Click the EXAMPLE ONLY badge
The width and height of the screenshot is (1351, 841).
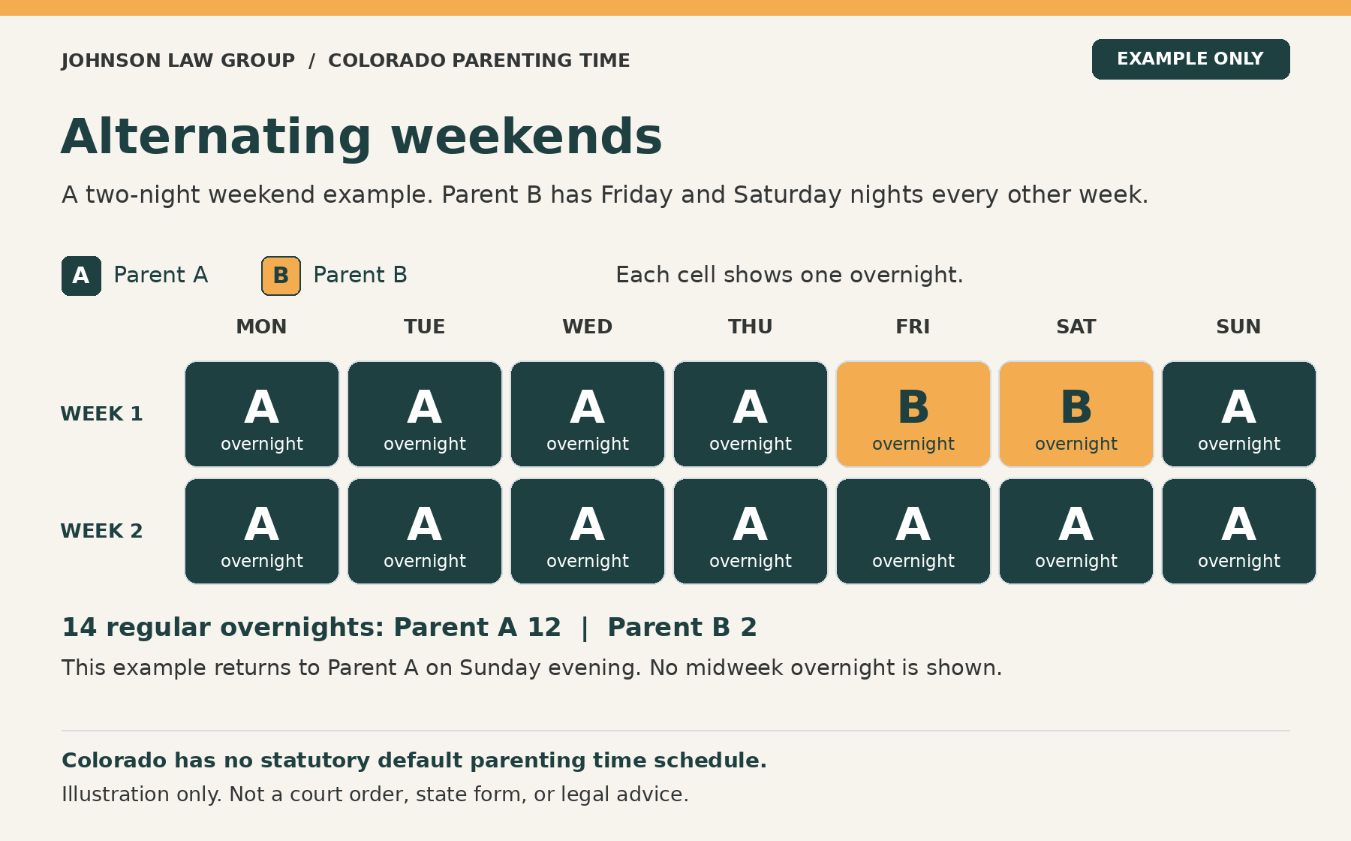click(1190, 59)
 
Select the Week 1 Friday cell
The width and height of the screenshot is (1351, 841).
click(913, 414)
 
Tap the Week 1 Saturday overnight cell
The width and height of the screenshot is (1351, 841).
click(1076, 414)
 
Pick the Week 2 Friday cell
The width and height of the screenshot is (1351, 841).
click(913, 531)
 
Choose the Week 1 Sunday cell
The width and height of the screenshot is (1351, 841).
click(1239, 414)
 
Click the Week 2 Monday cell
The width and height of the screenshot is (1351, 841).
click(262, 531)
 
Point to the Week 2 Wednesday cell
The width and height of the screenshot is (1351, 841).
click(588, 531)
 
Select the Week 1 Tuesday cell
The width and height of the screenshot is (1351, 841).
click(425, 414)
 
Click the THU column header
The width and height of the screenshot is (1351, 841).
click(751, 327)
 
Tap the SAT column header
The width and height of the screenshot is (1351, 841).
click(1076, 327)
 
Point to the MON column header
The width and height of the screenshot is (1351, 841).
click(262, 327)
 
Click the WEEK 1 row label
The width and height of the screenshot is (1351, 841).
click(101, 414)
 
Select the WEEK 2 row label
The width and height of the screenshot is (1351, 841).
click(101, 531)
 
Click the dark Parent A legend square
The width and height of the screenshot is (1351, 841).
click(81, 276)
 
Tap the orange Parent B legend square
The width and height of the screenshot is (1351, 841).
click(281, 276)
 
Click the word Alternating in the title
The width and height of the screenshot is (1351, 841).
click(216, 137)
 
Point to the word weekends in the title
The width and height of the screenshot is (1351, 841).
click(527, 137)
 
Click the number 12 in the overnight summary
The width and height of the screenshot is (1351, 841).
click(544, 627)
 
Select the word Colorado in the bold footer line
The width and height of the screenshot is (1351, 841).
click(115, 761)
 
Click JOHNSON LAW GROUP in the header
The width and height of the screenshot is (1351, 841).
click(179, 60)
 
